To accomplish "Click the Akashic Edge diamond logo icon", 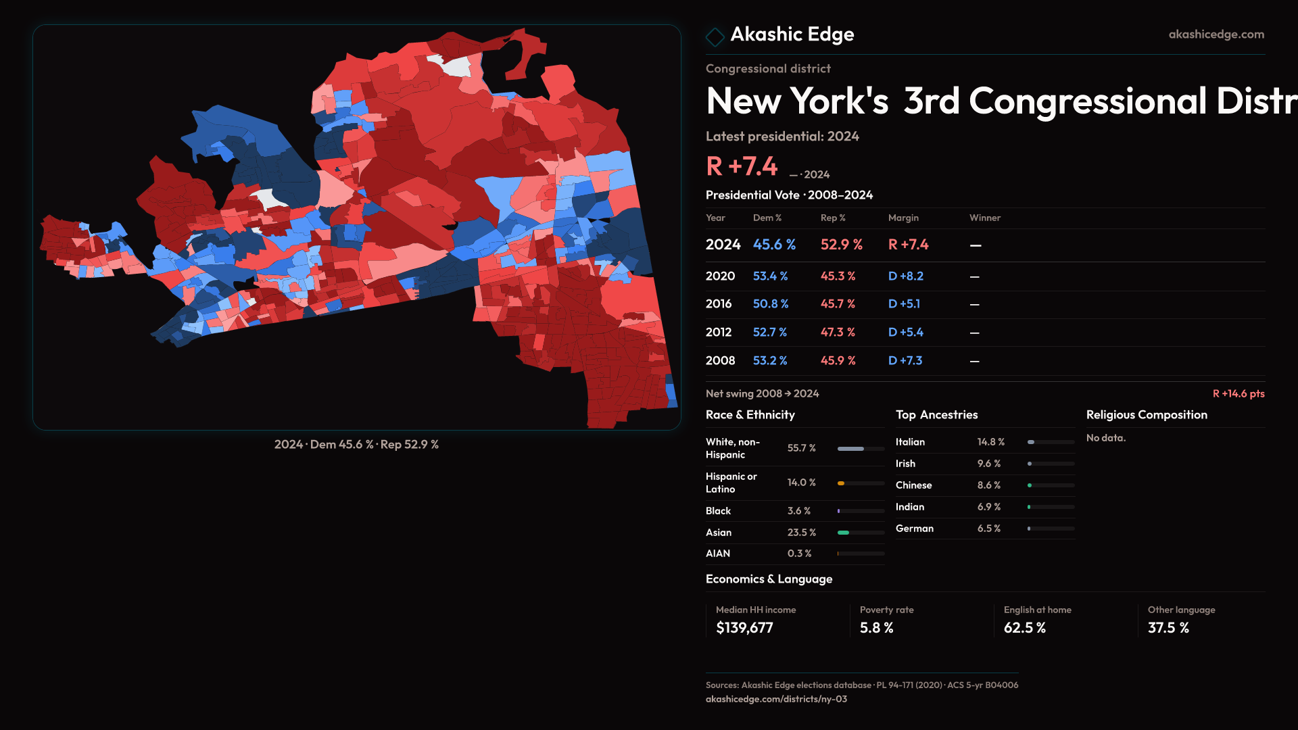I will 715,36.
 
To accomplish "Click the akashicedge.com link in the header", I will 1216,34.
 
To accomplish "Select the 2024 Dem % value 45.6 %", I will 774,245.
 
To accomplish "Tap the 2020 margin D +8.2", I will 905,276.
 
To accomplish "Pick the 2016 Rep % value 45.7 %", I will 838,304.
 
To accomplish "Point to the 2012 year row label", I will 718,333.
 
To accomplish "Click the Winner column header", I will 984,218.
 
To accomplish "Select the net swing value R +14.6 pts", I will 1238,394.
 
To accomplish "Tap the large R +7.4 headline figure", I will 742,166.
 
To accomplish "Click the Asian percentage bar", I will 861,533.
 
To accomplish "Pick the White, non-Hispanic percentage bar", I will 861,449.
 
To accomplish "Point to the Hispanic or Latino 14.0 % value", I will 801,483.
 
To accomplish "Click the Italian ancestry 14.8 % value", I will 990,442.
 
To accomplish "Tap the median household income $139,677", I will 744,628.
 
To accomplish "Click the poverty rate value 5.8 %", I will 876,628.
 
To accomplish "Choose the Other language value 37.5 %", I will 1168,628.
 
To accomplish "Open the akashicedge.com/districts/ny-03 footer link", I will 776,699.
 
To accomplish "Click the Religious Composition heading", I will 1147,415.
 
